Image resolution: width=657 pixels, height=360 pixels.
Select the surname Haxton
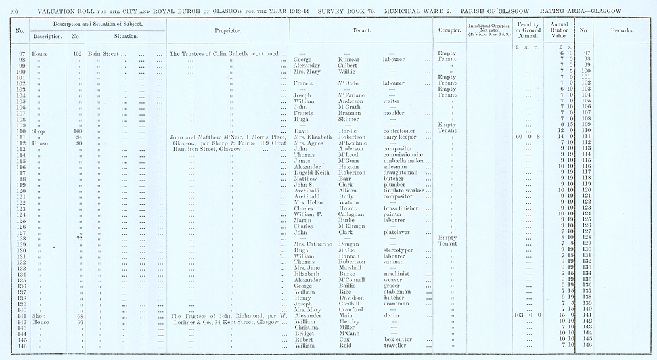(350, 167)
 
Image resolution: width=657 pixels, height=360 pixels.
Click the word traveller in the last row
(397, 345)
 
